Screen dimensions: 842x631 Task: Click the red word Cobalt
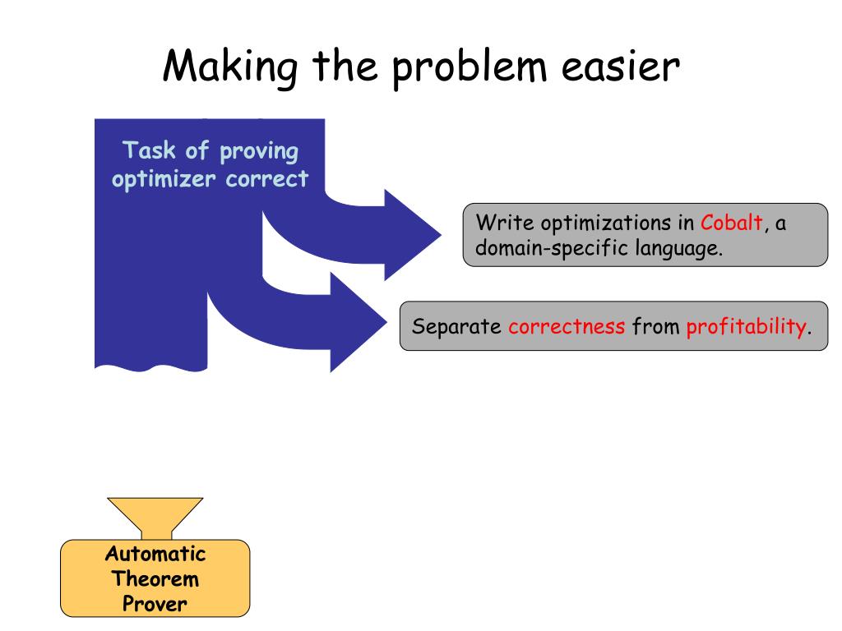click(x=732, y=223)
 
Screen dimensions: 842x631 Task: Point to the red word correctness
click(x=566, y=326)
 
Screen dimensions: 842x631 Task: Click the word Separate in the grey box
click(x=456, y=326)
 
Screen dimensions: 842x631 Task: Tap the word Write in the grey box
click(x=501, y=223)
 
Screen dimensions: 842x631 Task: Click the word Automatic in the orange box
click(x=155, y=554)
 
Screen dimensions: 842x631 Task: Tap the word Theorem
click(x=155, y=578)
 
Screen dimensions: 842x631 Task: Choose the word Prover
click(x=155, y=604)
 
